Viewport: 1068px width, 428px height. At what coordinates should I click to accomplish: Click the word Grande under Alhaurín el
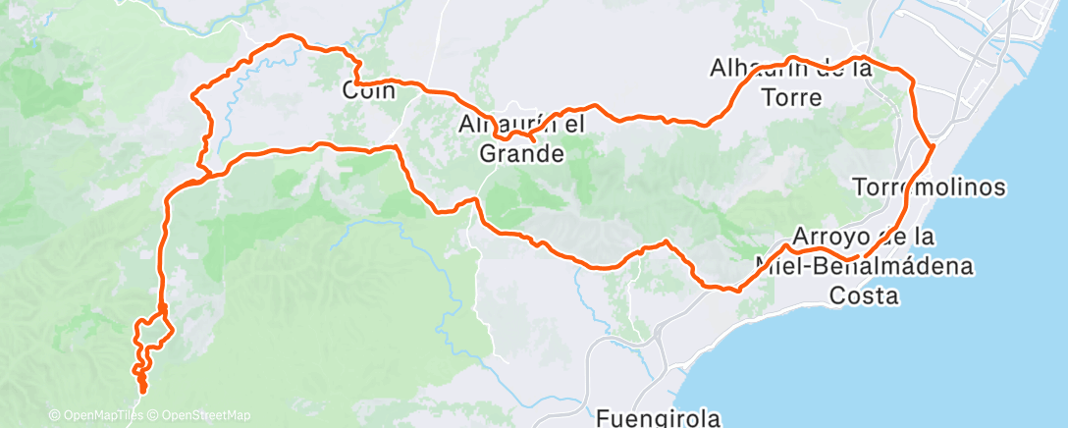coord(520,154)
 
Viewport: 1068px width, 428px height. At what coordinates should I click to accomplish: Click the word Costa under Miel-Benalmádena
coord(864,295)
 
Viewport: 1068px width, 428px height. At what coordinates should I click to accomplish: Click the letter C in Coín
coord(349,91)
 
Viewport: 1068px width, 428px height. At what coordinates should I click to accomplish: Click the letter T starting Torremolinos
coord(860,186)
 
